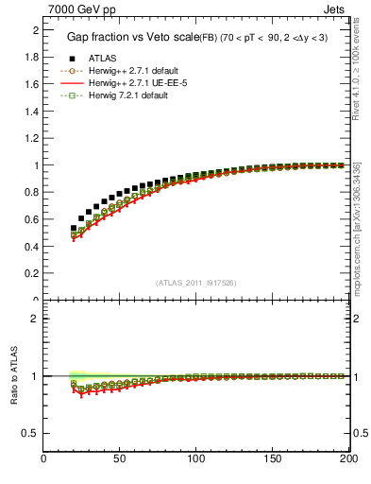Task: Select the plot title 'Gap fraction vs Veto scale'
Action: (132, 37)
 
